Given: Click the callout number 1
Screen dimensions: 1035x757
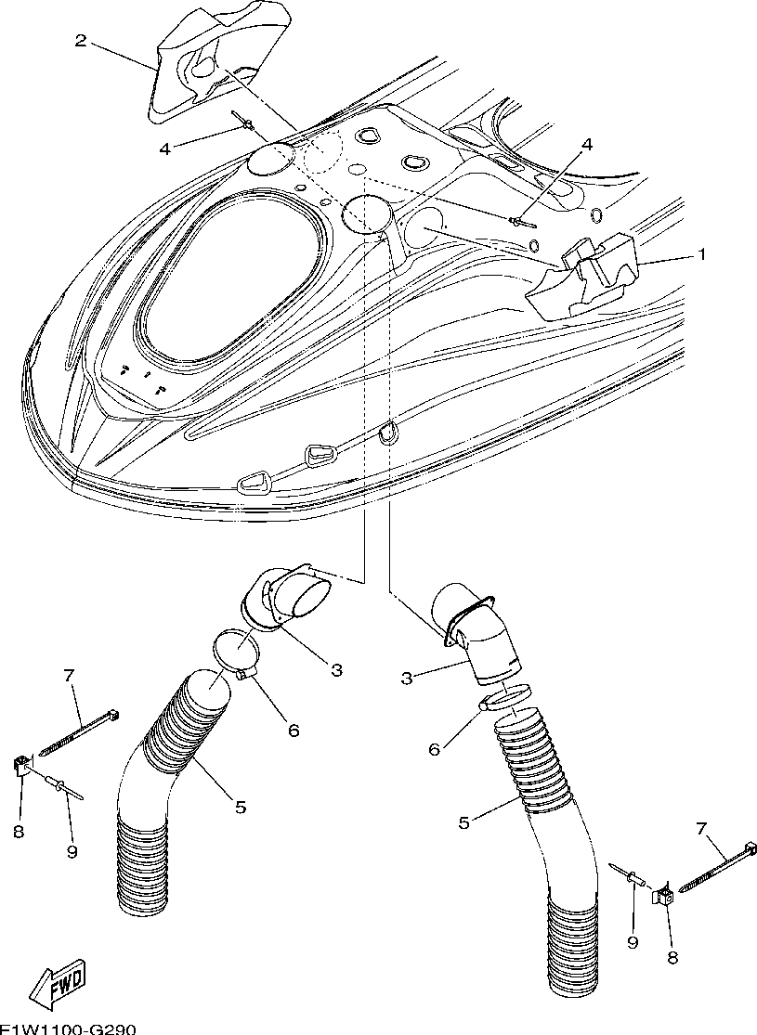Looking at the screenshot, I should coord(702,253).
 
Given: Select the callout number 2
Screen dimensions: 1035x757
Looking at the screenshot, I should coord(81,41).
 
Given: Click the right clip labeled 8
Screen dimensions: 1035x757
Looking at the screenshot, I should coord(664,896).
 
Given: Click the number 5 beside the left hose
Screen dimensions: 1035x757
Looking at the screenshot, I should coord(241,808).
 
